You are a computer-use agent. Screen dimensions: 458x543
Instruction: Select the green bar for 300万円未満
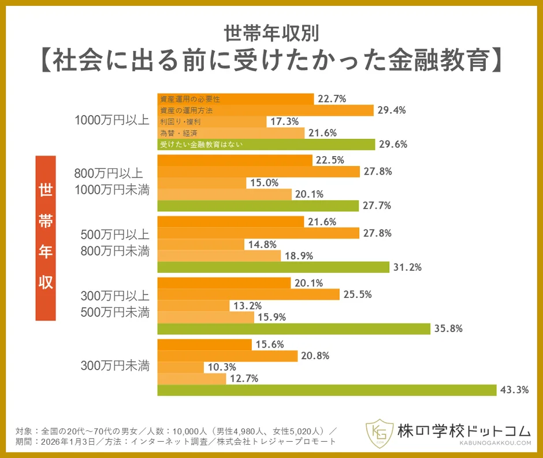click(x=326, y=390)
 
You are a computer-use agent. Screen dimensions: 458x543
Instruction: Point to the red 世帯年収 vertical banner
click(x=46, y=238)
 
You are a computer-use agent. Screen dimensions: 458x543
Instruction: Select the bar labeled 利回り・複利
click(x=211, y=121)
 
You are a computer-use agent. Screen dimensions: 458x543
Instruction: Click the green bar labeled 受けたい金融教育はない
click(x=266, y=145)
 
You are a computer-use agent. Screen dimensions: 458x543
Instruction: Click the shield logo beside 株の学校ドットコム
click(x=378, y=433)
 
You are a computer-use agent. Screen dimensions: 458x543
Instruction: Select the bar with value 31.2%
click(x=273, y=267)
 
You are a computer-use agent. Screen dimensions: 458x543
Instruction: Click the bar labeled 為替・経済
click(x=230, y=133)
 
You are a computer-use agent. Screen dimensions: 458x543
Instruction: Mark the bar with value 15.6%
click(x=204, y=345)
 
